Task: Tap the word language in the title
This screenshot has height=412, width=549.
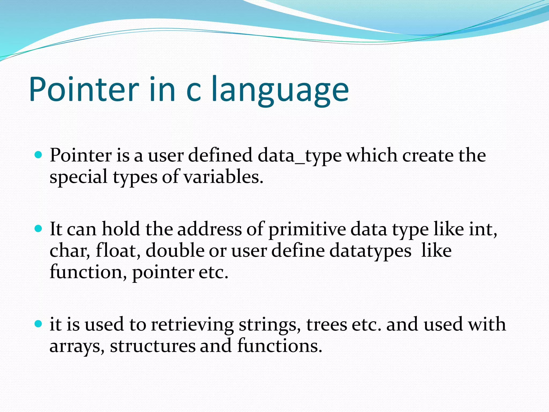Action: coord(280,91)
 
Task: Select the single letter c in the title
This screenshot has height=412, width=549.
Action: coord(193,91)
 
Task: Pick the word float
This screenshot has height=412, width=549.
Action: coord(118,251)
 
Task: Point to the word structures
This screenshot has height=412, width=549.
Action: coord(153,346)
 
